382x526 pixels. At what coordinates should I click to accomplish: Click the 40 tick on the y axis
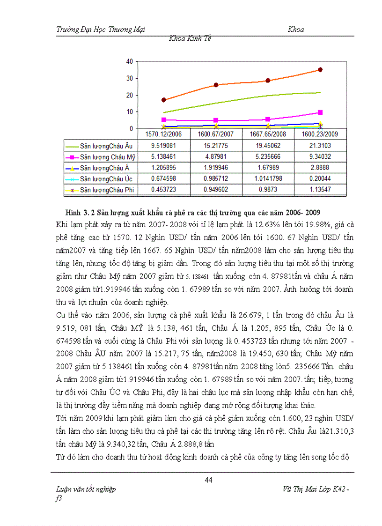[x=130, y=61]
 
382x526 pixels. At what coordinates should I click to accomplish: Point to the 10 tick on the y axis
[x=130, y=111]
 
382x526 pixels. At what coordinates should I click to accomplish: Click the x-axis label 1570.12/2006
[x=164, y=134]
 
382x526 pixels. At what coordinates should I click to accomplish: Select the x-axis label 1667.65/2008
[x=268, y=134]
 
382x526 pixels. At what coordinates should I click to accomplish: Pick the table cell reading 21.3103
[x=320, y=146]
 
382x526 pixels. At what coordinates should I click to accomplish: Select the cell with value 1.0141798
[x=268, y=178]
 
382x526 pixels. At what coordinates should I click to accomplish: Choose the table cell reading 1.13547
[x=320, y=190]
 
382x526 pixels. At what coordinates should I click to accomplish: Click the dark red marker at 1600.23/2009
[x=320, y=69]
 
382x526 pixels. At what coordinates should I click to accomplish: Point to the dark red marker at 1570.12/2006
[x=163, y=100]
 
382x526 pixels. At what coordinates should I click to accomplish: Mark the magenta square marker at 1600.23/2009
[x=320, y=112]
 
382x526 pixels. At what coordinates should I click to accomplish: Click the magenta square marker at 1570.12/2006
[x=163, y=120]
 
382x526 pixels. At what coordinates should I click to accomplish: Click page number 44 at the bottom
[x=209, y=479]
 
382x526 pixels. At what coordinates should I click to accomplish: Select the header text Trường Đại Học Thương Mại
[x=100, y=30]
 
